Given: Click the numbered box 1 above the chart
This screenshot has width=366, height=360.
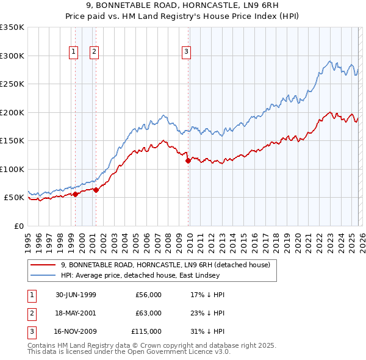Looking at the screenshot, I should click(73, 52).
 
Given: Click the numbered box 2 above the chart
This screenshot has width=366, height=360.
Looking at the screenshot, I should click(94, 52).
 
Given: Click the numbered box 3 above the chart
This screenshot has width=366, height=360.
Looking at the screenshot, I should click(185, 52).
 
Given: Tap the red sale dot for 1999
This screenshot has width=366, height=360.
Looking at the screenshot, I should click(76, 194).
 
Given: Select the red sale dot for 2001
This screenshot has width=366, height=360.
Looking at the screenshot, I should click(96, 190).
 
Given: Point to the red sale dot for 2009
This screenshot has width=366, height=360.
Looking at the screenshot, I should click(188, 160).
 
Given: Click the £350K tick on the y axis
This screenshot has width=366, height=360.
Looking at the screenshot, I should click(12, 27).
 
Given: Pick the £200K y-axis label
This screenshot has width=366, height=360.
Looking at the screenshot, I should click(12, 112).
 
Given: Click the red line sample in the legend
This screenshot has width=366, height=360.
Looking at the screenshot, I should click(43, 265).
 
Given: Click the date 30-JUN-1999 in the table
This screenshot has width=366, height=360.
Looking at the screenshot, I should click(76, 295).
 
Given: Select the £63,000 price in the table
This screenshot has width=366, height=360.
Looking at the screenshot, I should click(148, 313).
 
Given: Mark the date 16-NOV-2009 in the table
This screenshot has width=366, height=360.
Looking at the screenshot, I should click(76, 331).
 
